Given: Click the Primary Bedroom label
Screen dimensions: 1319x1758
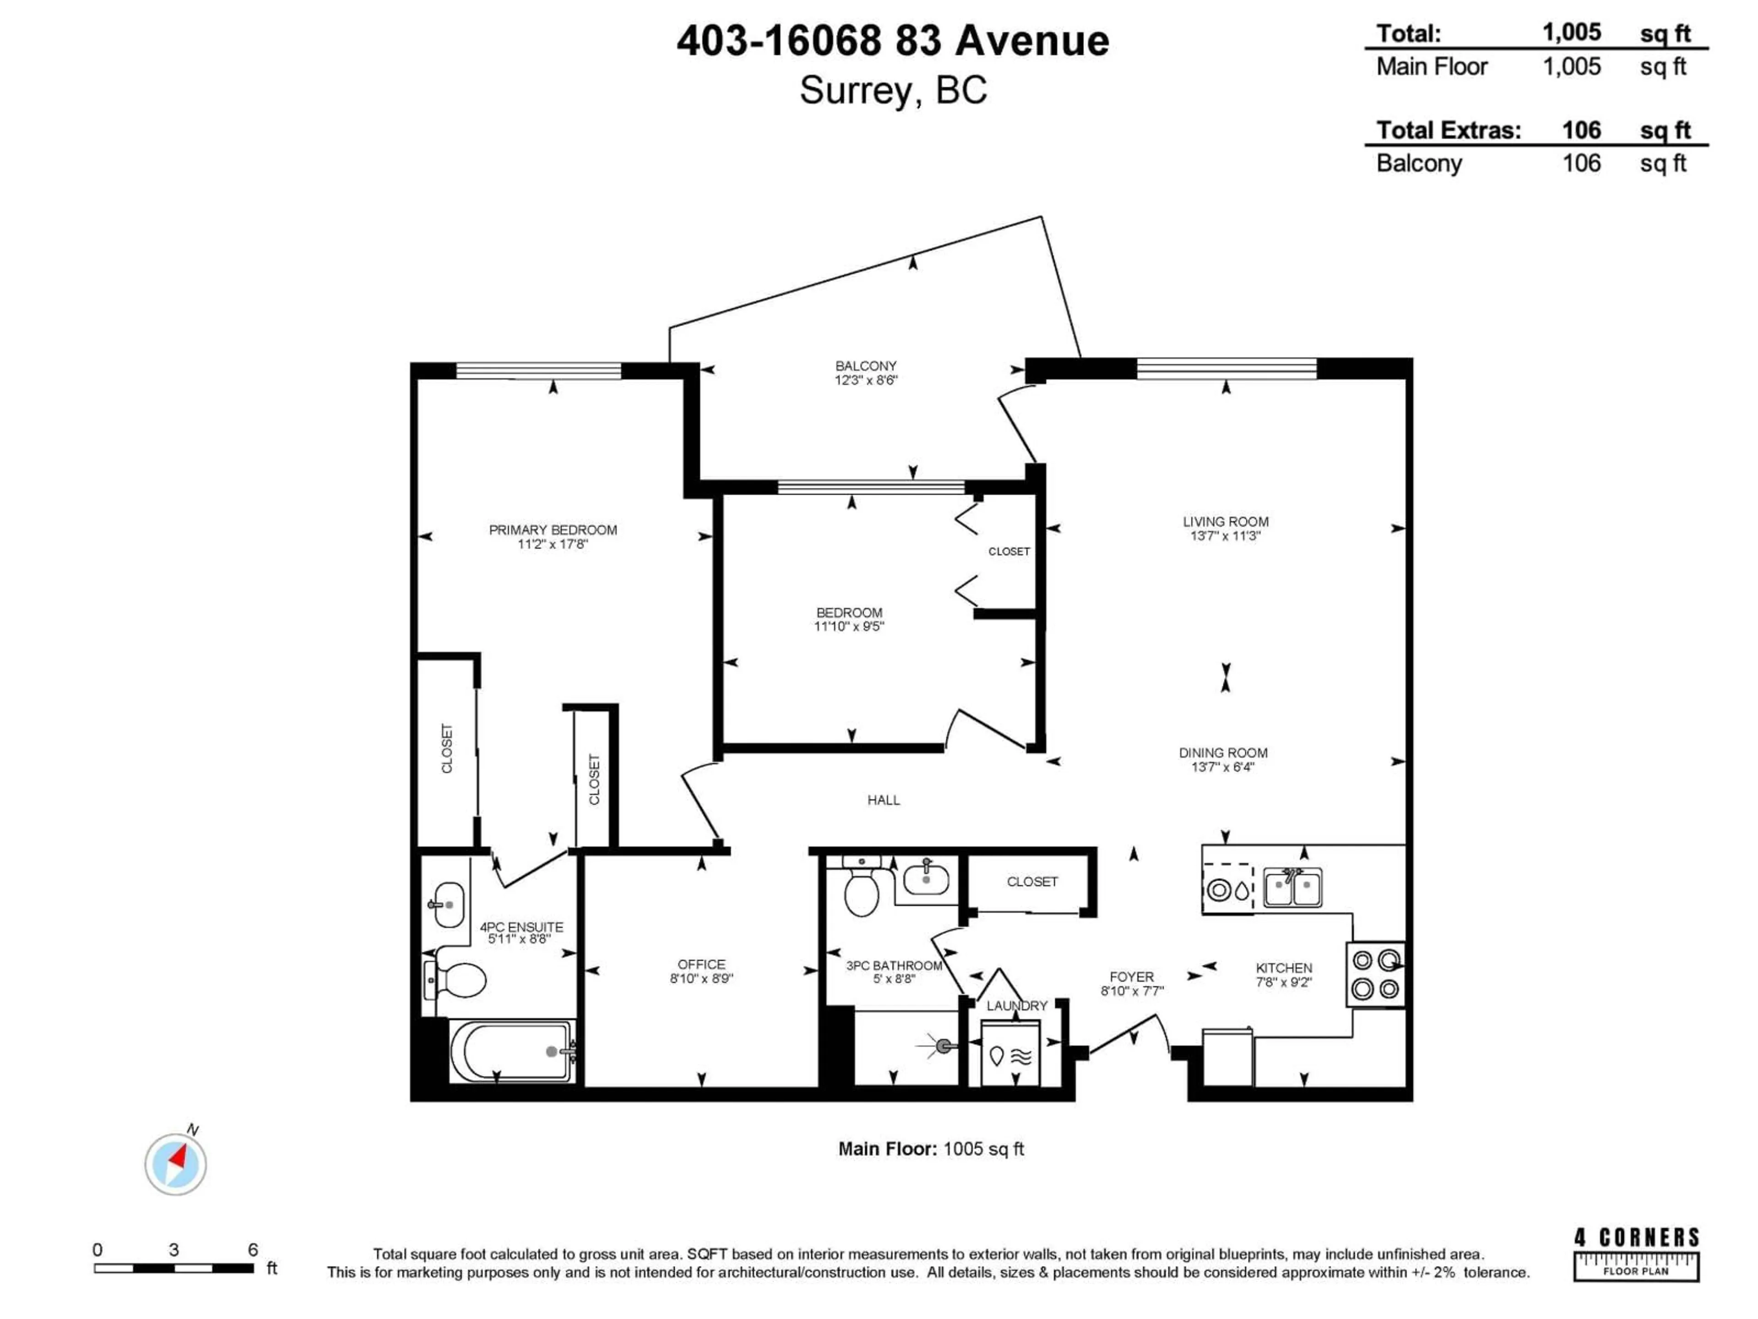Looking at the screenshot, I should pyautogui.click(x=553, y=529).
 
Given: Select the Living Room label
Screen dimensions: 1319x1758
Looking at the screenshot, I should pyautogui.click(x=1225, y=522).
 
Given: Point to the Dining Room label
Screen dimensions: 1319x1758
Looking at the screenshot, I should pyautogui.click(x=1222, y=752).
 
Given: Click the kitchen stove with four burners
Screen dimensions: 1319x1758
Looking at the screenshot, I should pyautogui.click(x=1375, y=975).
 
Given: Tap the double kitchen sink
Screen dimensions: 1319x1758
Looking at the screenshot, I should pyautogui.click(x=1292, y=888).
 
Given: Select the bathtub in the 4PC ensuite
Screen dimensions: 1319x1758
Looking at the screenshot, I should pyautogui.click(x=511, y=1051).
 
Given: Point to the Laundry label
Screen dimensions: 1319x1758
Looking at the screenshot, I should pyautogui.click(x=1016, y=1006).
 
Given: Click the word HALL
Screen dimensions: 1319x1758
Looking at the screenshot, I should pyautogui.click(x=883, y=800).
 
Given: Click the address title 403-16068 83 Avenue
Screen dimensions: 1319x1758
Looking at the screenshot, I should pyautogui.click(x=893, y=41).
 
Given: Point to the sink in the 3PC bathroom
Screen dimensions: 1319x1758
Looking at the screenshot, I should pyautogui.click(x=926, y=881).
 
